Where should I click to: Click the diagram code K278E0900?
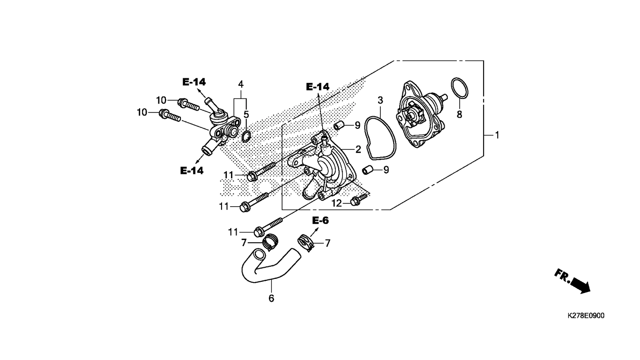click(x=586, y=315)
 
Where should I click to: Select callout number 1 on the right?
click(x=497, y=135)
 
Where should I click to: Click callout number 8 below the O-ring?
click(x=459, y=114)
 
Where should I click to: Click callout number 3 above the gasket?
click(x=380, y=100)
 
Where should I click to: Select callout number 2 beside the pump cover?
click(x=358, y=149)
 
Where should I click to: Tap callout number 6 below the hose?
click(x=271, y=298)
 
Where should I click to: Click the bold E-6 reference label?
click(x=320, y=220)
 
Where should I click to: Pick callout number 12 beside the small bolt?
click(x=336, y=203)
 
